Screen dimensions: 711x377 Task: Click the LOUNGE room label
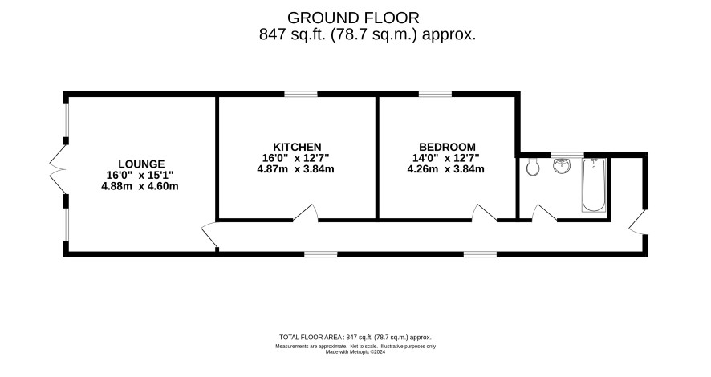[x=141, y=164]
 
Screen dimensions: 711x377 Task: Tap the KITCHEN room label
[x=297, y=147]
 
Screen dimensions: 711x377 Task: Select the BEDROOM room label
[x=447, y=147]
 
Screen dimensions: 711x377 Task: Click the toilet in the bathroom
[x=533, y=167]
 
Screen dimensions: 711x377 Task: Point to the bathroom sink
[x=562, y=166]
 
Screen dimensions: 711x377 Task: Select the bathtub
[x=594, y=184]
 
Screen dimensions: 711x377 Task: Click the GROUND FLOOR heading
[x=353, y=18]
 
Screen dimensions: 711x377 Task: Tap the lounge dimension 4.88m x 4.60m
[x=140, y=186]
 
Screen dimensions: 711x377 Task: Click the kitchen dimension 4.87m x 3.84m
[x=295, y=169]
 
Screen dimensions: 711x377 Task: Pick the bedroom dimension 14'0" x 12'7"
[x=445, y=158]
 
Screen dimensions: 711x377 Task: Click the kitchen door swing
[x=305, y=213]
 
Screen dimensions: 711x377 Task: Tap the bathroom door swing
[x=544, y=213]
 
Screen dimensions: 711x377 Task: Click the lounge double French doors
[x=58, y=169]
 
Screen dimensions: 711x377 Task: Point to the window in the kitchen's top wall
[x=301, y=95]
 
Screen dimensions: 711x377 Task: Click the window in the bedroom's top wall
[x=435, y=95]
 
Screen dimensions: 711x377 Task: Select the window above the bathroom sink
[x=567, y=155]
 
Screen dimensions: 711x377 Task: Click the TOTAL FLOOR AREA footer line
[x=355, y=337]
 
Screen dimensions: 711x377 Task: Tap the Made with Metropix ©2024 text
[x=355, y=351]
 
